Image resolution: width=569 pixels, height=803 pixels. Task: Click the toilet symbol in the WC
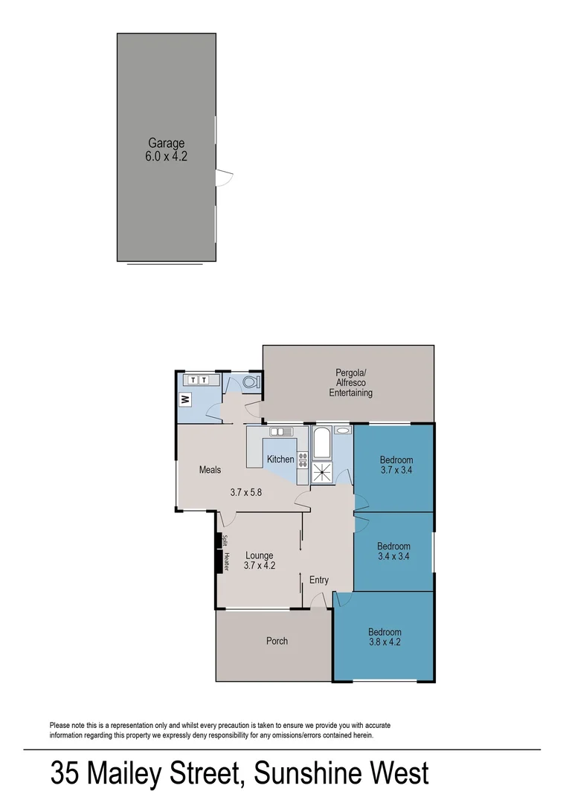click(251, 381)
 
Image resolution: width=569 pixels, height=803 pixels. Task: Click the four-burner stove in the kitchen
click(303, 459)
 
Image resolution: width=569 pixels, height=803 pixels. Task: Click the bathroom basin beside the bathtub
click(343, 430)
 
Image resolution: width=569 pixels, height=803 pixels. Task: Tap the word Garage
click(166, 143)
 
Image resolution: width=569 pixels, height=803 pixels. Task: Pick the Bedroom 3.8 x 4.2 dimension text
click(385, 642)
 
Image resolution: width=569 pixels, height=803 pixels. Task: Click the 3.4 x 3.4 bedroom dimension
click(393, 555)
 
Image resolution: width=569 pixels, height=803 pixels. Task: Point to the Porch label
click(277, 640)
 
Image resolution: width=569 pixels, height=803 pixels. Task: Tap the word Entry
click(318, 580)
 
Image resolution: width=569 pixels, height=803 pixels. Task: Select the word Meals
click(210, 470)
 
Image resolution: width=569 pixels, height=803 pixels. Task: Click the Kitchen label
click(280, 459)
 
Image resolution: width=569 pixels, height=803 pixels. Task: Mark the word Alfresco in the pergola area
click(350, 383)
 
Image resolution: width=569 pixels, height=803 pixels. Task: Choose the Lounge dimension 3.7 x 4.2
click(260, 565)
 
